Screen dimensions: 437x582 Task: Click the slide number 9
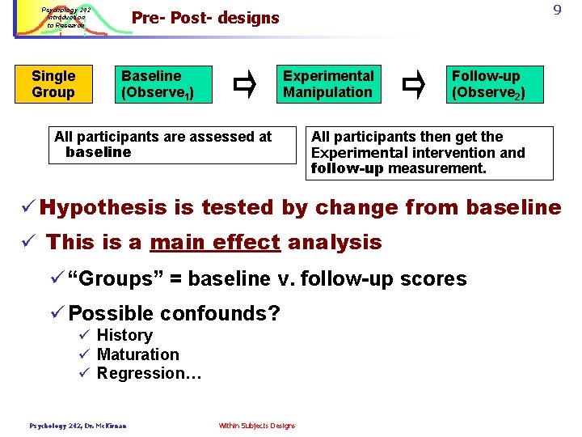pyautogui.click(x=557, y=11)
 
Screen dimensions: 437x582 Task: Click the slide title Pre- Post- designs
pyautogui.click(x=205, y=18)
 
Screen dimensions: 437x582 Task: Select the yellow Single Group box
pyautogui.click(x=53, y=84)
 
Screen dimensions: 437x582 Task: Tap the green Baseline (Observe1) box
pyautogui.click(x=166, y=84)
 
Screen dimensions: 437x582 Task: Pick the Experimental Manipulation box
pyautogui.click(x=328, y=84)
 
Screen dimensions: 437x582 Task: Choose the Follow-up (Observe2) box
pyautogui.click(x=497, y=84)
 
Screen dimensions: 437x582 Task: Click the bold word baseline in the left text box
pyautogui.click(x=98, y=152)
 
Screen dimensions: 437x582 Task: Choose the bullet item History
pyautogui.click(x=124, y=335)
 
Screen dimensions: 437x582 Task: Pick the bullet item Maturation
pyautogui.click(x=137, y=354)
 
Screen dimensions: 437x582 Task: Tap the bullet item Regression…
pyautogui.click(x=149, y=373)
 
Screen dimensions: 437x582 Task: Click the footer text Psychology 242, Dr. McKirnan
pyautogui.click(x=78, y=426)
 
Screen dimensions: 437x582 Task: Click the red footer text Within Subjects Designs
pyautogui.click(x=256, y=426)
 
